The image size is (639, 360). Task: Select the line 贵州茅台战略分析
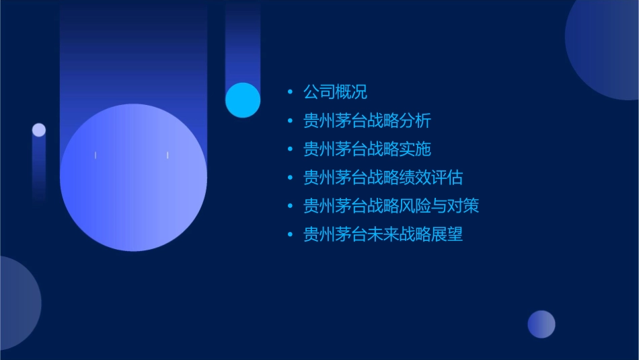[367, 121]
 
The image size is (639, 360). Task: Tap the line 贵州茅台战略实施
[367, 149]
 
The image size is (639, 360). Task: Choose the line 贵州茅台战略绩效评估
[383, 178]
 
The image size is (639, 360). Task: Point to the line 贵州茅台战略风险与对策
[391, 206]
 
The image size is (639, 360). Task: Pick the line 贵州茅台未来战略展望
[383, 234]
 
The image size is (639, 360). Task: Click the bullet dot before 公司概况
[290, 92]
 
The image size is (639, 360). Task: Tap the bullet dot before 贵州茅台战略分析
[290, 121]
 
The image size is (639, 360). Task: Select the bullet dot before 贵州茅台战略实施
[290, 149]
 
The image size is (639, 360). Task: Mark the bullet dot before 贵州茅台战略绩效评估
[290, 178]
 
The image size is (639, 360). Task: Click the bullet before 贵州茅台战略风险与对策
[290, 206]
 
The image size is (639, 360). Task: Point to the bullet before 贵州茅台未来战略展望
[290, 234]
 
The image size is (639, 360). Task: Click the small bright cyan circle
[243, 100]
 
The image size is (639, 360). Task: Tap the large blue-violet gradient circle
[133, 178]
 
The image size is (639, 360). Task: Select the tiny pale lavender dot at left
[39, 130]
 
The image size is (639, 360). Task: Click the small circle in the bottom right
[541, 324]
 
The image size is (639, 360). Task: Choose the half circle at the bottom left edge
[17, 303]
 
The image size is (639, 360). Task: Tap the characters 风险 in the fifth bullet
[414, 206]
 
